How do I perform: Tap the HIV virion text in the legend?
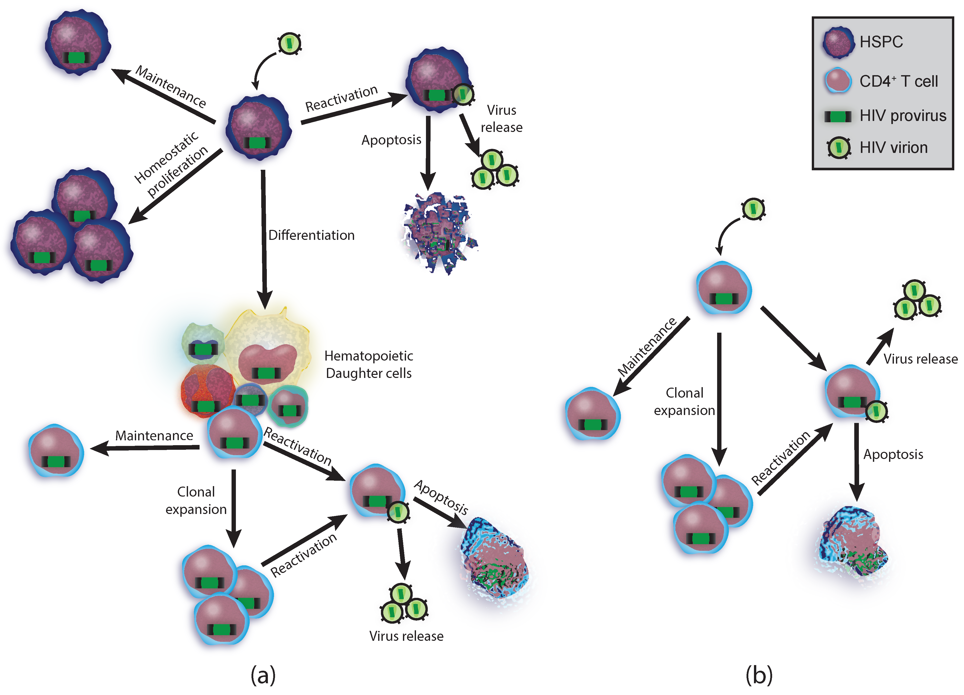893,147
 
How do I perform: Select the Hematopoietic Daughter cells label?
368,364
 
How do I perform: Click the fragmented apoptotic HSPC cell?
438,231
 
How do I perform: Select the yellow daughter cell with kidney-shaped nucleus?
268,348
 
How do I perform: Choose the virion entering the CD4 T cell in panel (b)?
753,209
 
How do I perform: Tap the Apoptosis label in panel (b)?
893,455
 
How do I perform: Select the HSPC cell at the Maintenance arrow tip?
78,42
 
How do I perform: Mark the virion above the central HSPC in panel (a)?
289,43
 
